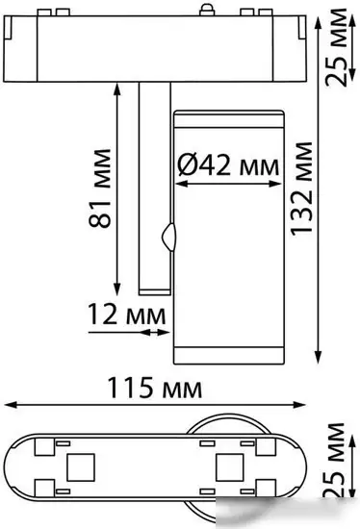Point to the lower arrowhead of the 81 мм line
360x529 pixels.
point(117,290)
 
